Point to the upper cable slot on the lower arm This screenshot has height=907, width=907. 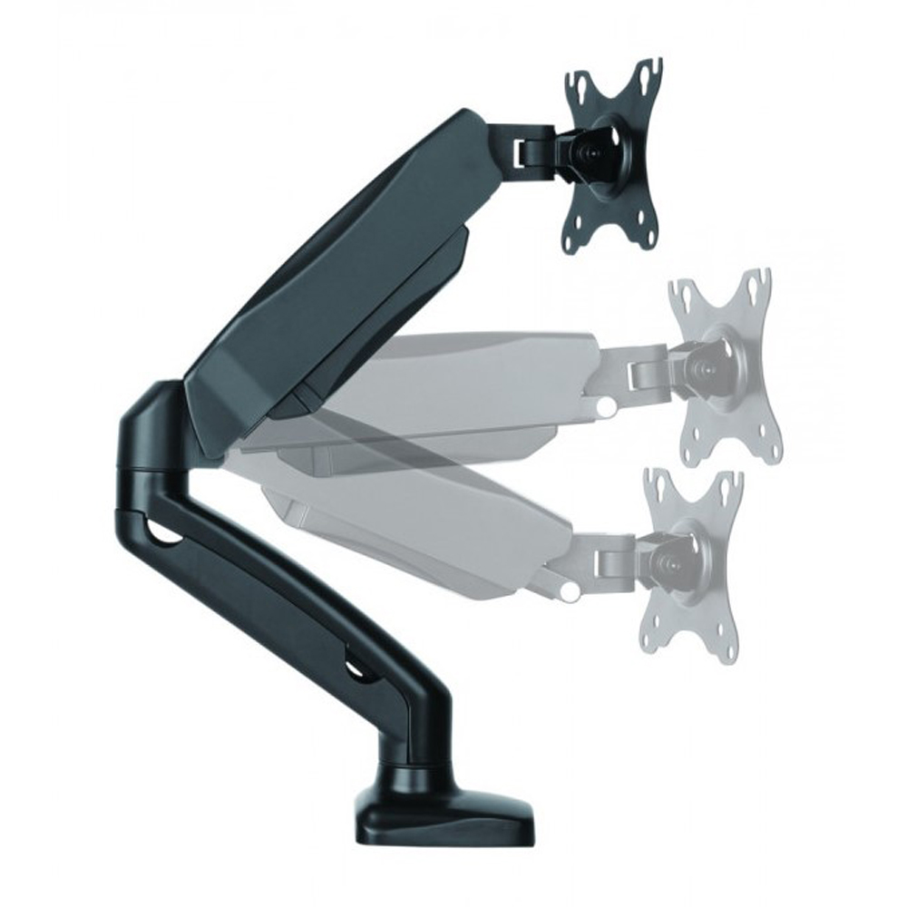(163, 535)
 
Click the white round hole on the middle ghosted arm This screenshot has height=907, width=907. (600, 411)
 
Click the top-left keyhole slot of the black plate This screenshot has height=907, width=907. (573, 83)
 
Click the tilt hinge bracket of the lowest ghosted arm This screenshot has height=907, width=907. (617, 555)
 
